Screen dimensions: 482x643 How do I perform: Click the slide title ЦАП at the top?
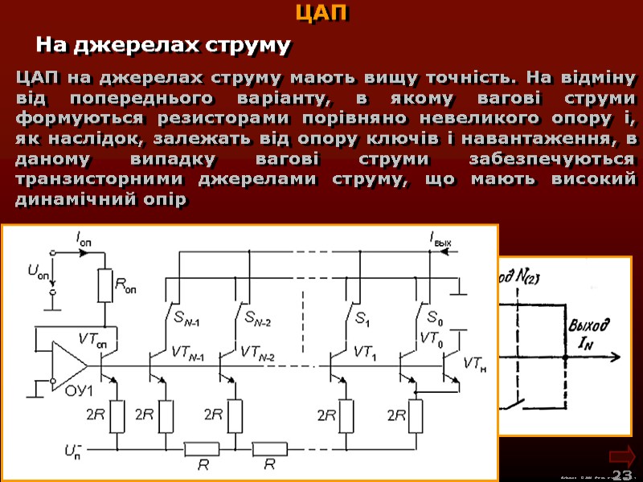[321, 14]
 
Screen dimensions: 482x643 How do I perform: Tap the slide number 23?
[621, 475]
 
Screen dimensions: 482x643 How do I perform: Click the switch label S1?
[362, 317]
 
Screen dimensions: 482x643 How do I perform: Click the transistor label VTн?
[474, 363]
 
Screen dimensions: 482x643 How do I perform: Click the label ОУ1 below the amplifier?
[80, 391]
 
